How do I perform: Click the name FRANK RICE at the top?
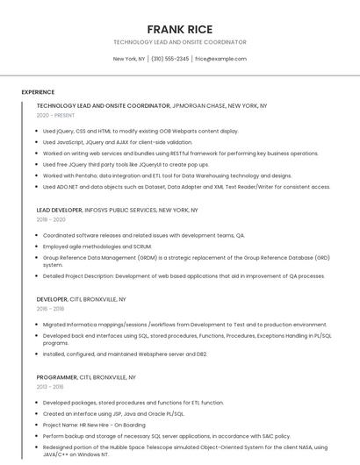[179, 29]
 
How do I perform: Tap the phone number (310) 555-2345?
[169, 59]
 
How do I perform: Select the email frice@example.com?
[220, 59]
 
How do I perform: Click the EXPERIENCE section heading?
[38, 92]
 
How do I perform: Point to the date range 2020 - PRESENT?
[55, 115]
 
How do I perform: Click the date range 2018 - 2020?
[51, 220]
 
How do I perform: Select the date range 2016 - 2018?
[50, 309]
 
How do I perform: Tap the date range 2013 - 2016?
[50, 386]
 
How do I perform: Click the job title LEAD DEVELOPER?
[59, 211]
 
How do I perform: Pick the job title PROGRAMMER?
[56, 376]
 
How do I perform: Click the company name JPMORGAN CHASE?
[199, 105]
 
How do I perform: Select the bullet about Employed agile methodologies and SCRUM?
[97, 247]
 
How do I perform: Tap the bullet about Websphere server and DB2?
[125, 354]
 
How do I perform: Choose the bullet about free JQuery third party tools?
[126, 164]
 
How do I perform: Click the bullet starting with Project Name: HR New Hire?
[94, 425]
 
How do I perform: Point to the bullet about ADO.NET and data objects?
[186, 187]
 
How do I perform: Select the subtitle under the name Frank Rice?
[179, 42]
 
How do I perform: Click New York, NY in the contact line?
[129, 59]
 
